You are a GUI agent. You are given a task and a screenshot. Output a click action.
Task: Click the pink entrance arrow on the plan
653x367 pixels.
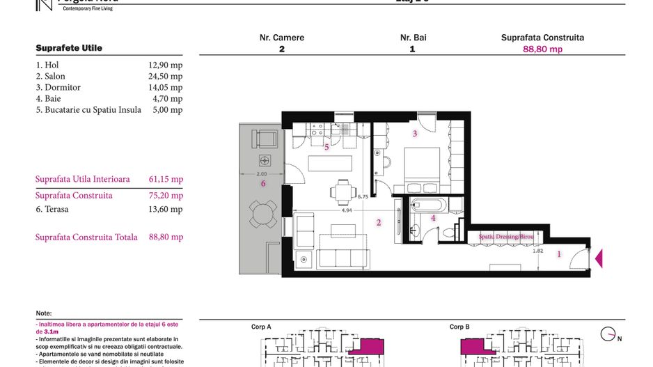tap(598, 259)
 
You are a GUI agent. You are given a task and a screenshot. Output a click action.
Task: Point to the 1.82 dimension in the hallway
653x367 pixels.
tap(537, 251)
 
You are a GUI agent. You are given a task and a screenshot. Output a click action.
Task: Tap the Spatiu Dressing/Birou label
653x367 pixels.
tap(505, 237)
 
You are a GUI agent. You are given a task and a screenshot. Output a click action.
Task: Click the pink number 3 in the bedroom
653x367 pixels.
tap(415, 134)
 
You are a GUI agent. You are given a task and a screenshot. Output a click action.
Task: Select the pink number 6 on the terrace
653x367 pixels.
tap(262, 184)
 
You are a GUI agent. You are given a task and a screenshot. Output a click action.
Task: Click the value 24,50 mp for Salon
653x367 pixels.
tap(165, 77)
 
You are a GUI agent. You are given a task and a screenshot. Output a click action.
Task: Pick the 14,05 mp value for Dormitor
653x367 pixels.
tap(165, 88)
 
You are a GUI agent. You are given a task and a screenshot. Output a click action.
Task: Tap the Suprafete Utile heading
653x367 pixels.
tap(69, 48)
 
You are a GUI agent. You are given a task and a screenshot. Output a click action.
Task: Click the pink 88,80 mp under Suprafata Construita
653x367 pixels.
tap(542, 49)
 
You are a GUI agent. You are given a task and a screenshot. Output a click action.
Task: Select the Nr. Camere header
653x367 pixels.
tap(281, 38)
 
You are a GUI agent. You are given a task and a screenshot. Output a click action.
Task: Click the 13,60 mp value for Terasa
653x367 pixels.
tap(165, 209)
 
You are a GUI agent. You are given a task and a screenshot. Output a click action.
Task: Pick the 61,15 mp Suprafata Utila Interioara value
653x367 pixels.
tap(166, 179)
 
